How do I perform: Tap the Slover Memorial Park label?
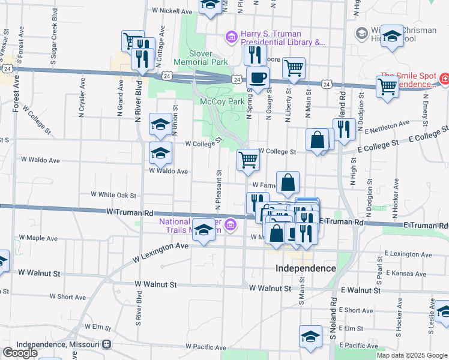click(200, 58)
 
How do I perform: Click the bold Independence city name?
click(306, 268)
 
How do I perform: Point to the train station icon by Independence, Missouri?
click(107, 344)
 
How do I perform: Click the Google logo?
click(20, 353)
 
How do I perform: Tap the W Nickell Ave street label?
click(172, 11)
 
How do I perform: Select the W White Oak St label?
click(113, 195)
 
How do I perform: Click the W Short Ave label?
click(68, 296)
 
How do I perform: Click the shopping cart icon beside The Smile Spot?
click(387, 86)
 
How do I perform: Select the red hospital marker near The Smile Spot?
click(444, 78)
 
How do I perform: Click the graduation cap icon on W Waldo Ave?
click(160, 154)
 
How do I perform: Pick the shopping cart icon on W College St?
click(248, 161)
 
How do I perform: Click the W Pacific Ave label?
click(206, 347)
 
